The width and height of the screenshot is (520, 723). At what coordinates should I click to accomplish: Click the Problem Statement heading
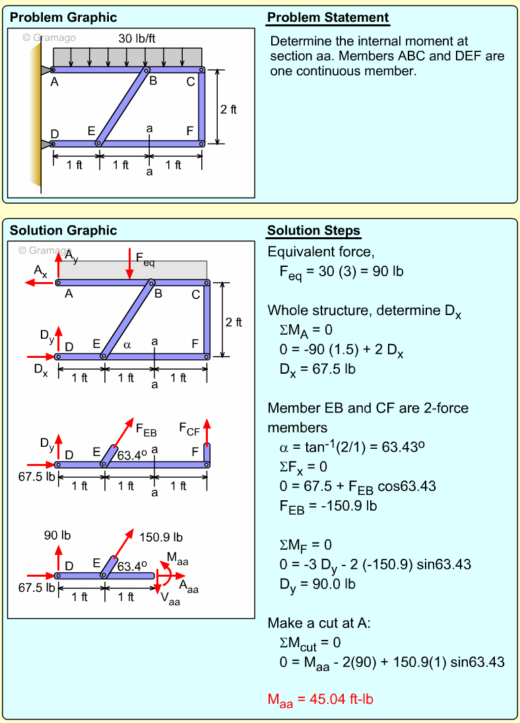click(328, 18)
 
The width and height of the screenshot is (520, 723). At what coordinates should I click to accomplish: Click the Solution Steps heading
click(313, 231)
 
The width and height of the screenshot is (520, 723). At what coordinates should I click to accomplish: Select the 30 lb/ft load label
click(137, 39)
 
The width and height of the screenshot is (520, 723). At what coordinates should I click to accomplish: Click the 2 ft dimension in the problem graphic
click(228, 109)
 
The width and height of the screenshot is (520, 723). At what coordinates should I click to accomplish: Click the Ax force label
click(40, 271)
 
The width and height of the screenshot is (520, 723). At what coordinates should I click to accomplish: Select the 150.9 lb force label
click(161, 537)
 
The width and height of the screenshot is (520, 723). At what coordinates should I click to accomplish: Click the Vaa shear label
click(171, 600)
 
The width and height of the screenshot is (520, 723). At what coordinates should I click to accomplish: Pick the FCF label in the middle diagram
click(189, 430)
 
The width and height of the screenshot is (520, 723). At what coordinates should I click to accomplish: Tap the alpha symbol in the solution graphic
click(128, 343)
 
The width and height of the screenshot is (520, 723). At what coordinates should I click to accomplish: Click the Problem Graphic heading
click(63, 18)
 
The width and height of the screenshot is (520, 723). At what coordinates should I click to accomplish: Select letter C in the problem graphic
click(191, 82)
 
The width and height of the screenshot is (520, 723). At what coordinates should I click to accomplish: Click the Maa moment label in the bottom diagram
click(178, 560)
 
